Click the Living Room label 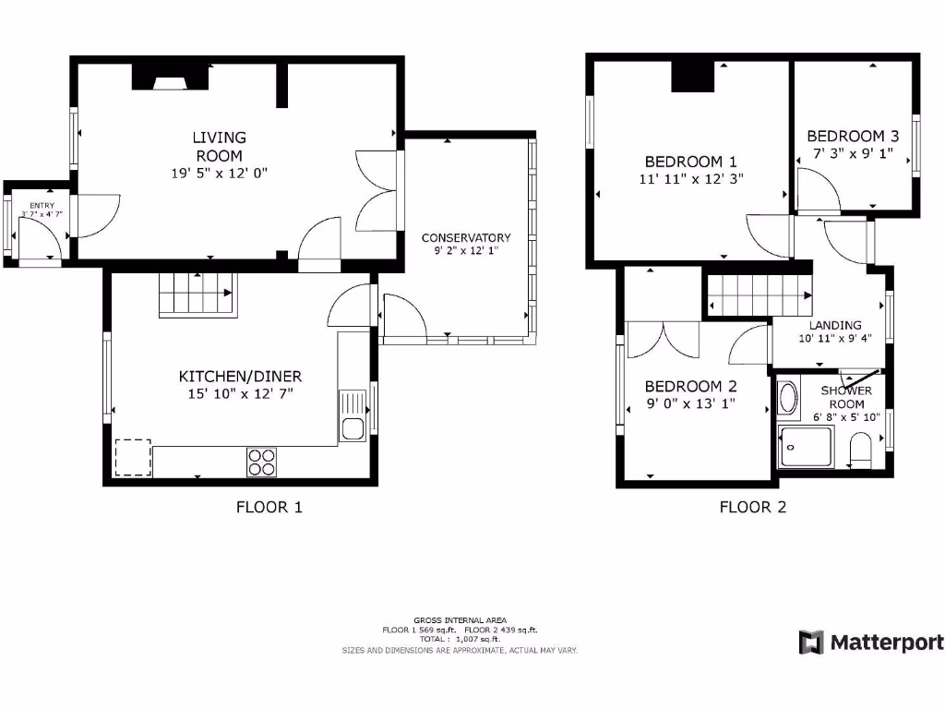coord(219,146)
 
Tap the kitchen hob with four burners coord(262,462)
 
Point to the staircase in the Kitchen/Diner coord(197,294)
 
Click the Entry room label coord(42,206)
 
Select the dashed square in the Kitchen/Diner coord(133,457)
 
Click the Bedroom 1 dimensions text coord(690,179)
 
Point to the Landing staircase coord(759,297)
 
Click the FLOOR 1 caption coord(269,507)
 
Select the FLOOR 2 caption coord(752,507)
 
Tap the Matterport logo coord(871,643)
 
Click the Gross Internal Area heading coord(460,620)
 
